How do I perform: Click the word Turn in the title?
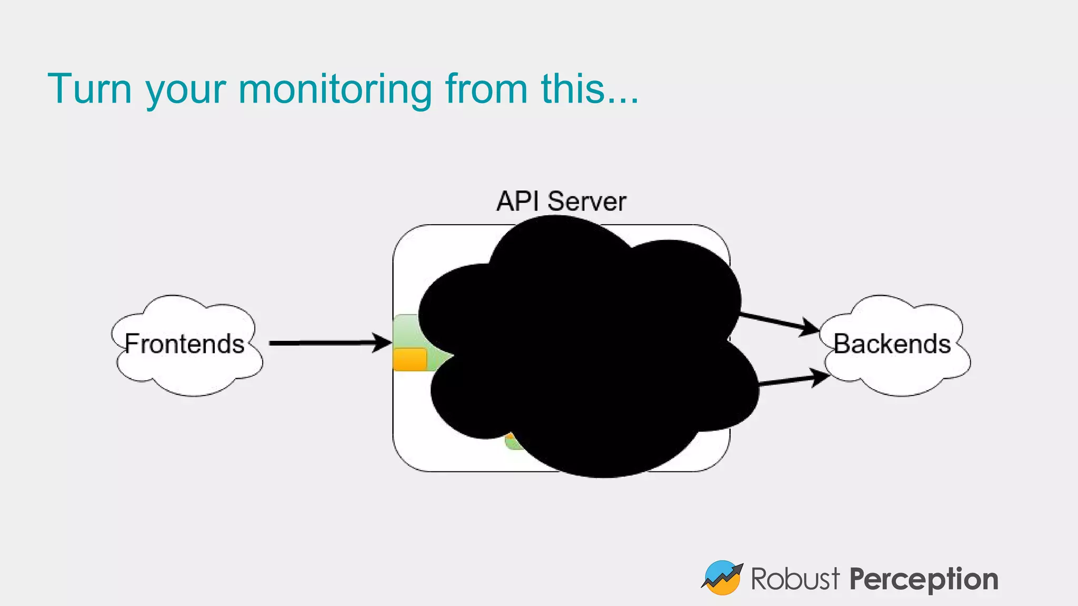[89, 88]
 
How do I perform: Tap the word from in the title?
[486, 88]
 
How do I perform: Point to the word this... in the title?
[590, 88]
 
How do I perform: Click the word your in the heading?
[186, 90]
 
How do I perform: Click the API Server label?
[561, 201]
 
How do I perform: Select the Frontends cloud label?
[185, 344]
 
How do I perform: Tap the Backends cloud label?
[892, 344]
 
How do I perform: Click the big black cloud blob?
[584, 347]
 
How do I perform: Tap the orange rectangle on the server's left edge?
[410, 359]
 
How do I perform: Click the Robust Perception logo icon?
[722, 578]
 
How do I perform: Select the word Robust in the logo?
[795, 579]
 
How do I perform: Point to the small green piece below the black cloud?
[512, 443]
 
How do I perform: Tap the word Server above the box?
[586, 201]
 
